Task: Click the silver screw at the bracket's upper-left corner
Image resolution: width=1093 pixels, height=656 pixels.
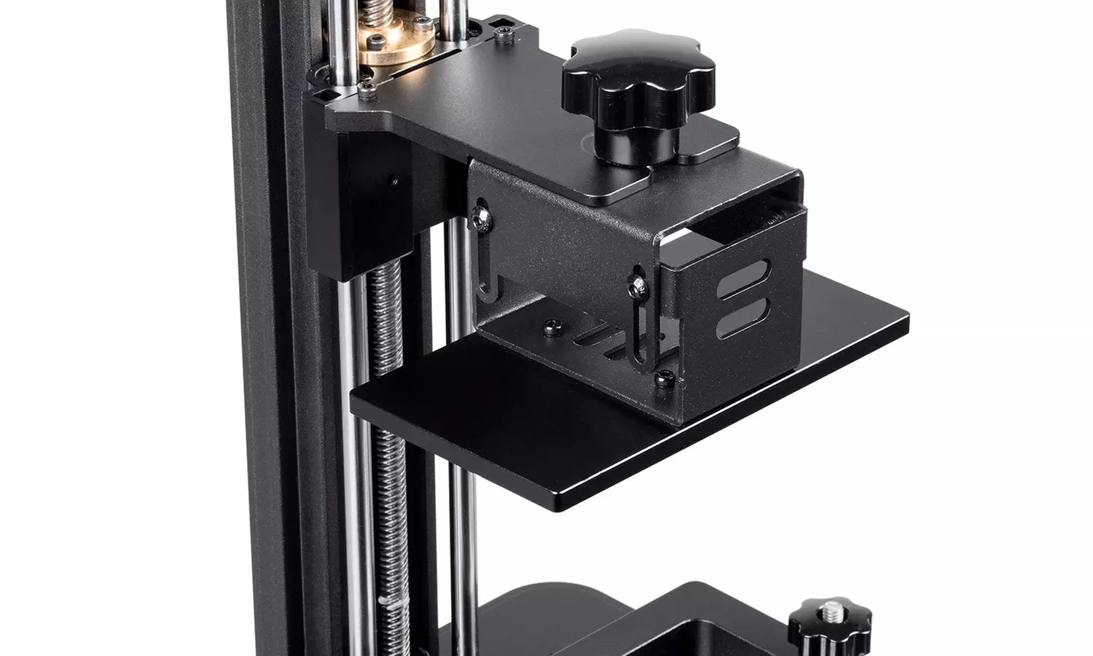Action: tap(480, 213)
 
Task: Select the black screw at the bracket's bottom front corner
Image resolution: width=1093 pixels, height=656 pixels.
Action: tap(664, 377)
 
